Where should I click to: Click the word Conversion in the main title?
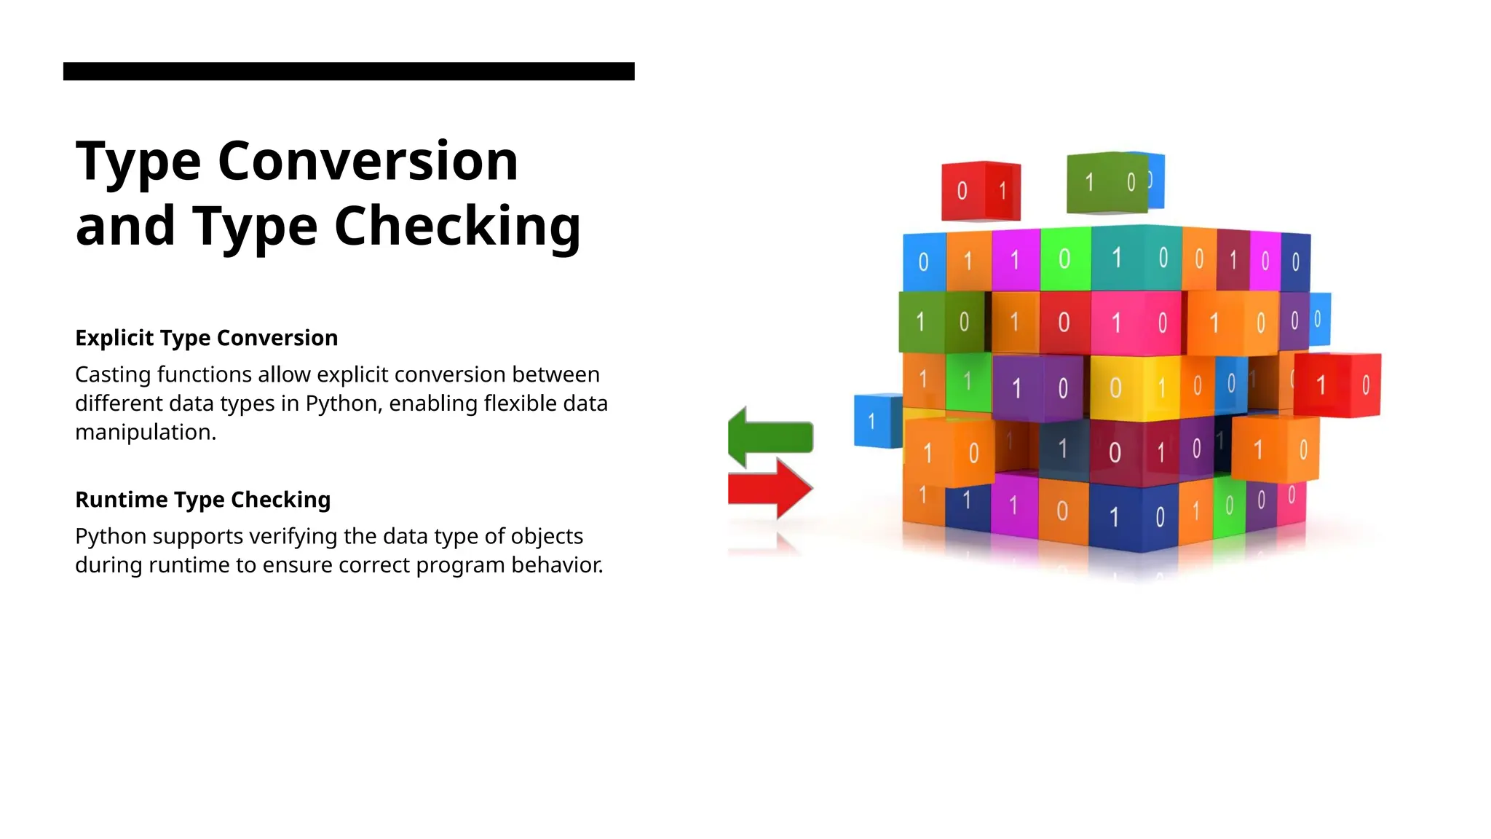point(368,161)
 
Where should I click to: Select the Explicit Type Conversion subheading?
point(206,338)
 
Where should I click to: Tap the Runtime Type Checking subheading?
point(202,500)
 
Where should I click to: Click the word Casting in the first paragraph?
point(113,375)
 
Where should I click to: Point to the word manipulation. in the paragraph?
point(146,433)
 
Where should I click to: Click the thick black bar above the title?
point(349,71)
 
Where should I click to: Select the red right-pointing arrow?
point(770,488)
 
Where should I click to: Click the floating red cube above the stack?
point(980,191)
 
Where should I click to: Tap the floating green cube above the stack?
point(1107,182)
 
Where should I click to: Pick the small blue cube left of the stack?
point(877,421)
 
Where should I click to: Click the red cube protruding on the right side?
point(1338,385)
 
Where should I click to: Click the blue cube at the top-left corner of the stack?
point(924,261)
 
